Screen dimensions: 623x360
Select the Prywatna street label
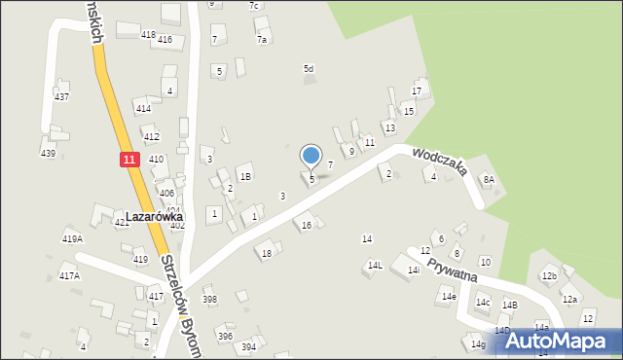pos(450,265)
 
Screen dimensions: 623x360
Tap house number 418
pos(148,35)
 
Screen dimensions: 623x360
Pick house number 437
pos(61,97)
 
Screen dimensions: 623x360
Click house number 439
pos(48,154)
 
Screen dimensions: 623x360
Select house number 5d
pos(309,68)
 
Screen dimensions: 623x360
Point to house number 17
pos(417,91)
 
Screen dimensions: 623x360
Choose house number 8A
pos(490,179)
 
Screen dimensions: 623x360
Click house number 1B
pos(246,176)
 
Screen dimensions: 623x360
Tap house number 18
pos(267,254)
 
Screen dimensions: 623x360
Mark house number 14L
pos(375,265)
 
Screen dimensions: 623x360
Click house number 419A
pos(72,238)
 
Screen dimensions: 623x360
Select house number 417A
pos(69,276)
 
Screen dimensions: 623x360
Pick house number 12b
pos(550,276)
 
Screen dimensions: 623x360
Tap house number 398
pos(209,299)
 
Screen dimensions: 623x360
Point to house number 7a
pos(262,40)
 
